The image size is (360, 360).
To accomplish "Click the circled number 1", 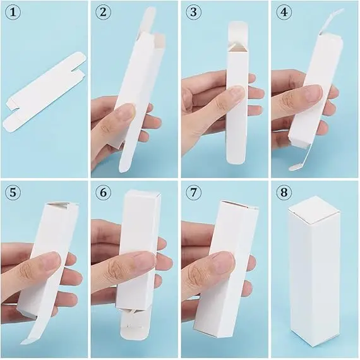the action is [13, 12].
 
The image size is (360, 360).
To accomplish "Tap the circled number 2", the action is [103, 12].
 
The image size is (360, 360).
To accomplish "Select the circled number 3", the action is [193, 12].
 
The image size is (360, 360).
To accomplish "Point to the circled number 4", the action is [284, 12].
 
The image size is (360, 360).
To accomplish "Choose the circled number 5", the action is [13, 192].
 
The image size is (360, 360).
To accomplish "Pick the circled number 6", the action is [103, 192].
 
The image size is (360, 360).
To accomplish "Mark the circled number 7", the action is [193, 192].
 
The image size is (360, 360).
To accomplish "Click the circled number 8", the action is [284, 192].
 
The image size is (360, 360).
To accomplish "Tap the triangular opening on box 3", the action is [236, 48].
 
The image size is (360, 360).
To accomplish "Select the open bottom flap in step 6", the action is [135, 325].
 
